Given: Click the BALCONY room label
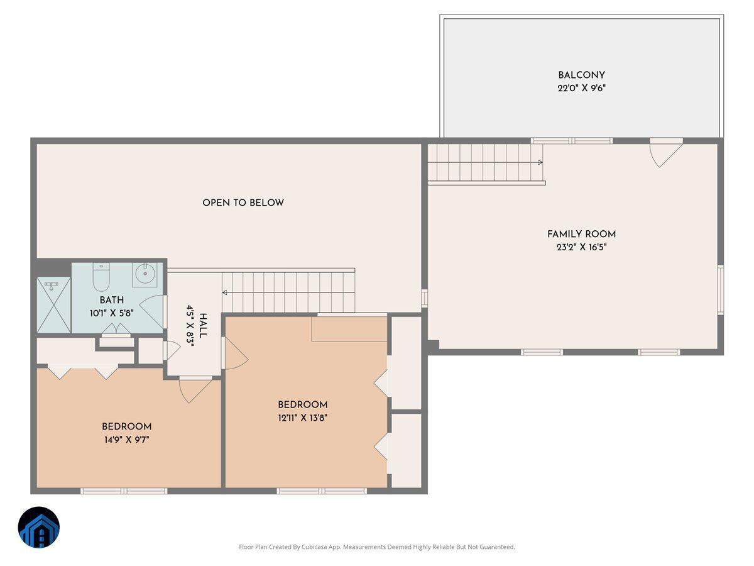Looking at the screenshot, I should [x=581, y=75].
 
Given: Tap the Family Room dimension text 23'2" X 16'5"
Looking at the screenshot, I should [x=581, y=247].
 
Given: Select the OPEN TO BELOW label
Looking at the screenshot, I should [x=243, y=203].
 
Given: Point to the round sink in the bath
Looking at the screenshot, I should [x=145, y=274].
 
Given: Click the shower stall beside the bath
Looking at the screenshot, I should [x=53, y=305].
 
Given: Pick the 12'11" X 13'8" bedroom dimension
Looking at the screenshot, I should [x=303, y=417].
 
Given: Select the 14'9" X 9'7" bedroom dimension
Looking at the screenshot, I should [x=127, y=440].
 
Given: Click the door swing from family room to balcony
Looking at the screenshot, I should [x=665, y=153].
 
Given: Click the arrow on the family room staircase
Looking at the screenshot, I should [x=539, y=162].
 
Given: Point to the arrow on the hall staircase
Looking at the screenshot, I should [x=225, y=292].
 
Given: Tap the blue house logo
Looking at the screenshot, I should [x=39, y=527].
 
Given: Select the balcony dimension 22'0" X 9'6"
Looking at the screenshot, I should [x=581, y=89].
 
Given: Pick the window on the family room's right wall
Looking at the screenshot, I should [x=721, y=289].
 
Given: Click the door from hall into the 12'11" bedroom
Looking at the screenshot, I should [x=235, y=353].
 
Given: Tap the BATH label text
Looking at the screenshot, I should [x=111, y=300].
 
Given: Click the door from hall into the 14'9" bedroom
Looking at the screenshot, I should [x=195, y=389].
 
